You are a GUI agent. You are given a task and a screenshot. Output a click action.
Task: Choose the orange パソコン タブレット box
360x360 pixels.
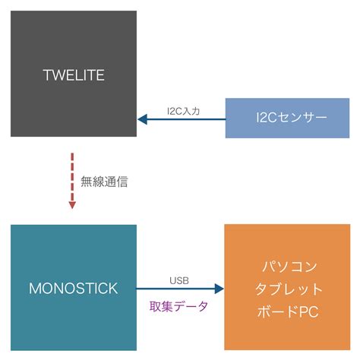coord(287,288)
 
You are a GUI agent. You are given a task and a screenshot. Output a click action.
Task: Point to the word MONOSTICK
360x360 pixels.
coord(73,289)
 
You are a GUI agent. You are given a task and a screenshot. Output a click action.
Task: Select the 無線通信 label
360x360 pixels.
coord(104,182)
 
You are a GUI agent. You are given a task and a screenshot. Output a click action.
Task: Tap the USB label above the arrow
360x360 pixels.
coord(180,280)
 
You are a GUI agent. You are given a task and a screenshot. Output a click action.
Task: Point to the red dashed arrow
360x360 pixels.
coord(72,175)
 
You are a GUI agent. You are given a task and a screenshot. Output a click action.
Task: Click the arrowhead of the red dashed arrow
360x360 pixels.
coord(72,203)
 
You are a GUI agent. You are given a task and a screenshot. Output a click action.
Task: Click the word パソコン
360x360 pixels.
coord(287,267)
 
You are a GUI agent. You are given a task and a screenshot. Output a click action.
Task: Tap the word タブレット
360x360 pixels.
coord(287,289)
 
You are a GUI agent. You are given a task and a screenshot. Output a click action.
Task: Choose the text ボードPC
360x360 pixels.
coord(287,311)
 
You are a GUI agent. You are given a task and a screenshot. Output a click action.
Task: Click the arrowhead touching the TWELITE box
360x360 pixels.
coord(142,119)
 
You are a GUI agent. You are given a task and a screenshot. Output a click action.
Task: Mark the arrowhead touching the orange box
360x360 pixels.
coord(219,289)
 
